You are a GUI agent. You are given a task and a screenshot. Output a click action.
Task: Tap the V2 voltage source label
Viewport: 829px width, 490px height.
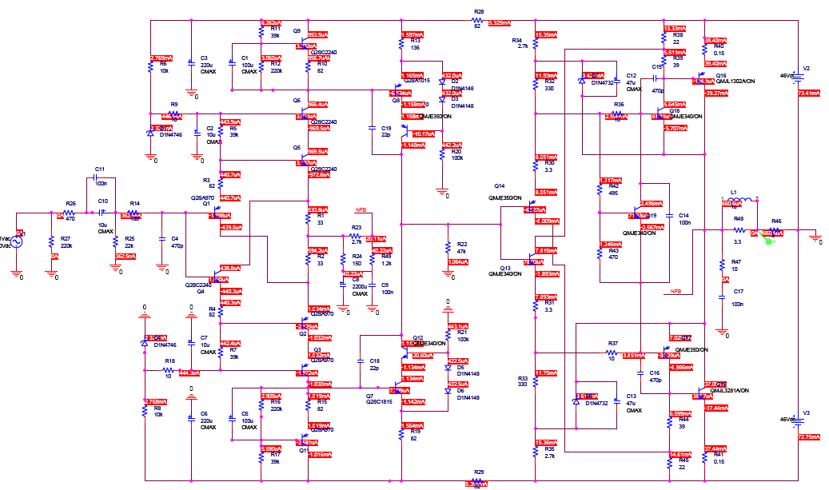point(806,69)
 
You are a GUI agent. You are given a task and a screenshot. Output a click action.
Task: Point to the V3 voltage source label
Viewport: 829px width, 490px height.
point(806,412)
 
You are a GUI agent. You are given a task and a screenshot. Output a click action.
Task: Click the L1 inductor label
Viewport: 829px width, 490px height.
point(733,193)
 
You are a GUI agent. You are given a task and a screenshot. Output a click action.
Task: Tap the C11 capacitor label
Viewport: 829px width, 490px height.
point(100,170)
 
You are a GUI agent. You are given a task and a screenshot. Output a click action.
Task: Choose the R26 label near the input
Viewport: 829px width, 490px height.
point(70,204)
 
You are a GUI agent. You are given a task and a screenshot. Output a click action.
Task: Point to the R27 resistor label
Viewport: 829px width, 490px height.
point(66,240)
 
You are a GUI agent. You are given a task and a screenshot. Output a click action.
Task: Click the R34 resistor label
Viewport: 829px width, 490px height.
point(516,40)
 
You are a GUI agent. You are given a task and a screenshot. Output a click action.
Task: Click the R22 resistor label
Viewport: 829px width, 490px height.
point(462,244)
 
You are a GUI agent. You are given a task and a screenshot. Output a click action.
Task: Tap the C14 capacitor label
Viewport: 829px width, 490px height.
point(684,216)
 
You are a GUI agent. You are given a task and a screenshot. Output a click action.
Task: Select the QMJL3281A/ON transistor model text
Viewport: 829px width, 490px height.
point(727,390)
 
